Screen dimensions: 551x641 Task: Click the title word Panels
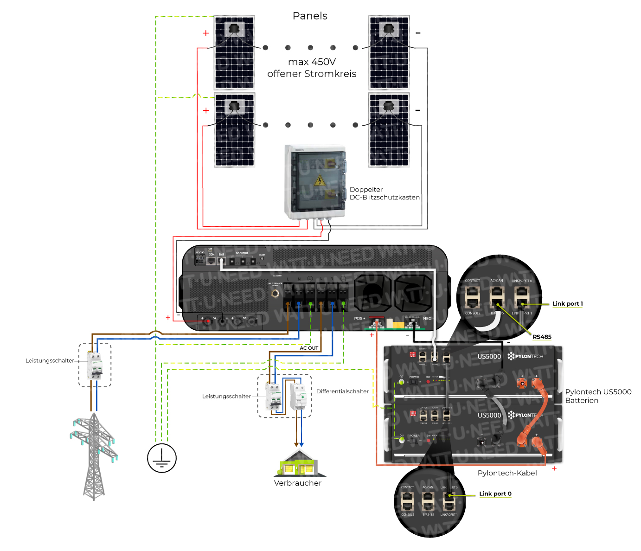coord(310,16)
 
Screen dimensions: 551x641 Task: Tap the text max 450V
coord(312,62)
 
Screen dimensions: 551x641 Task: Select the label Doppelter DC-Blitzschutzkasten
coord(384,193)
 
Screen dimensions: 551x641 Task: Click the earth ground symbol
coord(162,458)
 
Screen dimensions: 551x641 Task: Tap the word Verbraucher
coord(298,483)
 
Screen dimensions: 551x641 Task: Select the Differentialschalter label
coord(342,391)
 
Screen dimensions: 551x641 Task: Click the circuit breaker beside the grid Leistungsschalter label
coord(95,365)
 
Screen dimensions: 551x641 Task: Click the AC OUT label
coord(309,348)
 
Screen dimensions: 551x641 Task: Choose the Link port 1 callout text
coord(567,304)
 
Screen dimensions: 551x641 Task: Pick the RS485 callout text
coord(542,337)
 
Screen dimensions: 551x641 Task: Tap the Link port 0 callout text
coord(495,493)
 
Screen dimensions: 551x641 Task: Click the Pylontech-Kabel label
coord(507,473)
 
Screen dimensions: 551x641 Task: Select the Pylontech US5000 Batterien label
coord(598,396)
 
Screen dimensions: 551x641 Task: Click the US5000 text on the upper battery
coord(489,356)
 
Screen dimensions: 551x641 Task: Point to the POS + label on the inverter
coord(359,318)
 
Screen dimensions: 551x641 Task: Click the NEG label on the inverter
coord(427,318)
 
